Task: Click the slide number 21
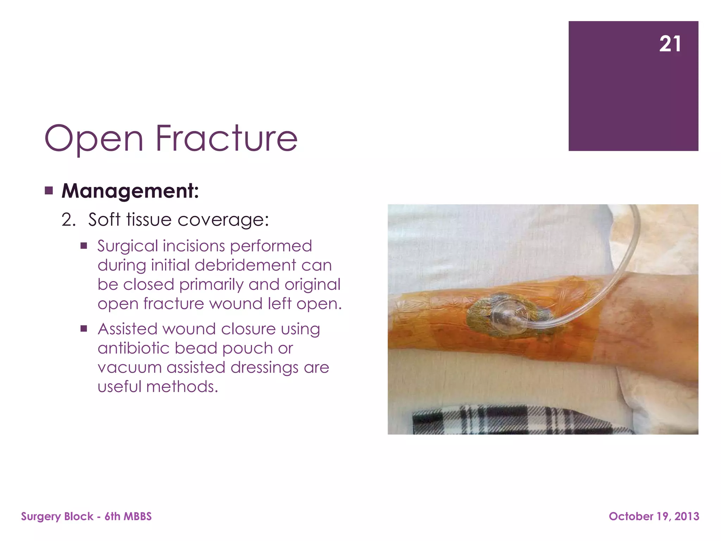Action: point(670,44)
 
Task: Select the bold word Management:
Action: point(130,191)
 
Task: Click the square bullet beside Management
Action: point(49,191)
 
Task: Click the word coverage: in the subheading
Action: point(223,220)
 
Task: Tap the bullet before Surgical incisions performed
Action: point(83,246)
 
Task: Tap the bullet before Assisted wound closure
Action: point(83,329)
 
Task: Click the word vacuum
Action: point(130,368)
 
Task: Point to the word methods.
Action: point(182,387)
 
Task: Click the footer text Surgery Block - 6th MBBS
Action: point(86,516)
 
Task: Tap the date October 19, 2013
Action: point(654,516)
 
